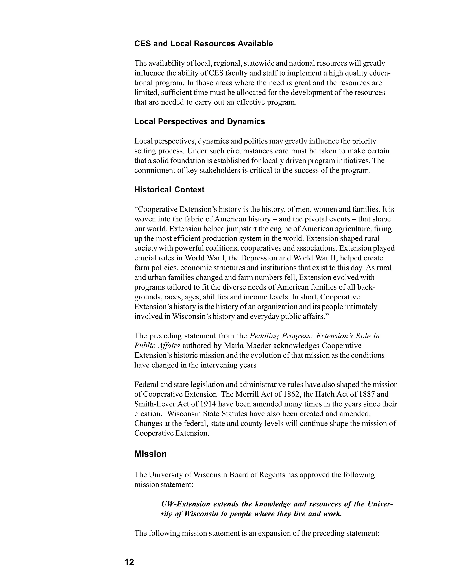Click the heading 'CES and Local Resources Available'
(203, 44)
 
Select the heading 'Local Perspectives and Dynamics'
(200, 121)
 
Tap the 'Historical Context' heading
(169, 190)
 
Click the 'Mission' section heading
(150, 454)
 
